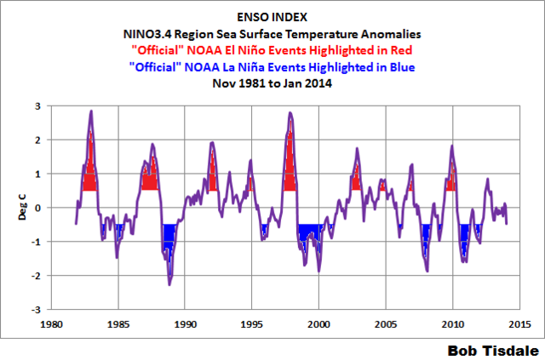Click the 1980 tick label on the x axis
[x=51, y=323]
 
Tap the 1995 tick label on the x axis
[x=252, y=323]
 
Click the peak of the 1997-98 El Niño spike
[x=290, y=112]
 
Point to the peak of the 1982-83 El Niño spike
[x=91, y=111]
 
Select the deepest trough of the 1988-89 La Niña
[x=169, y=284]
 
